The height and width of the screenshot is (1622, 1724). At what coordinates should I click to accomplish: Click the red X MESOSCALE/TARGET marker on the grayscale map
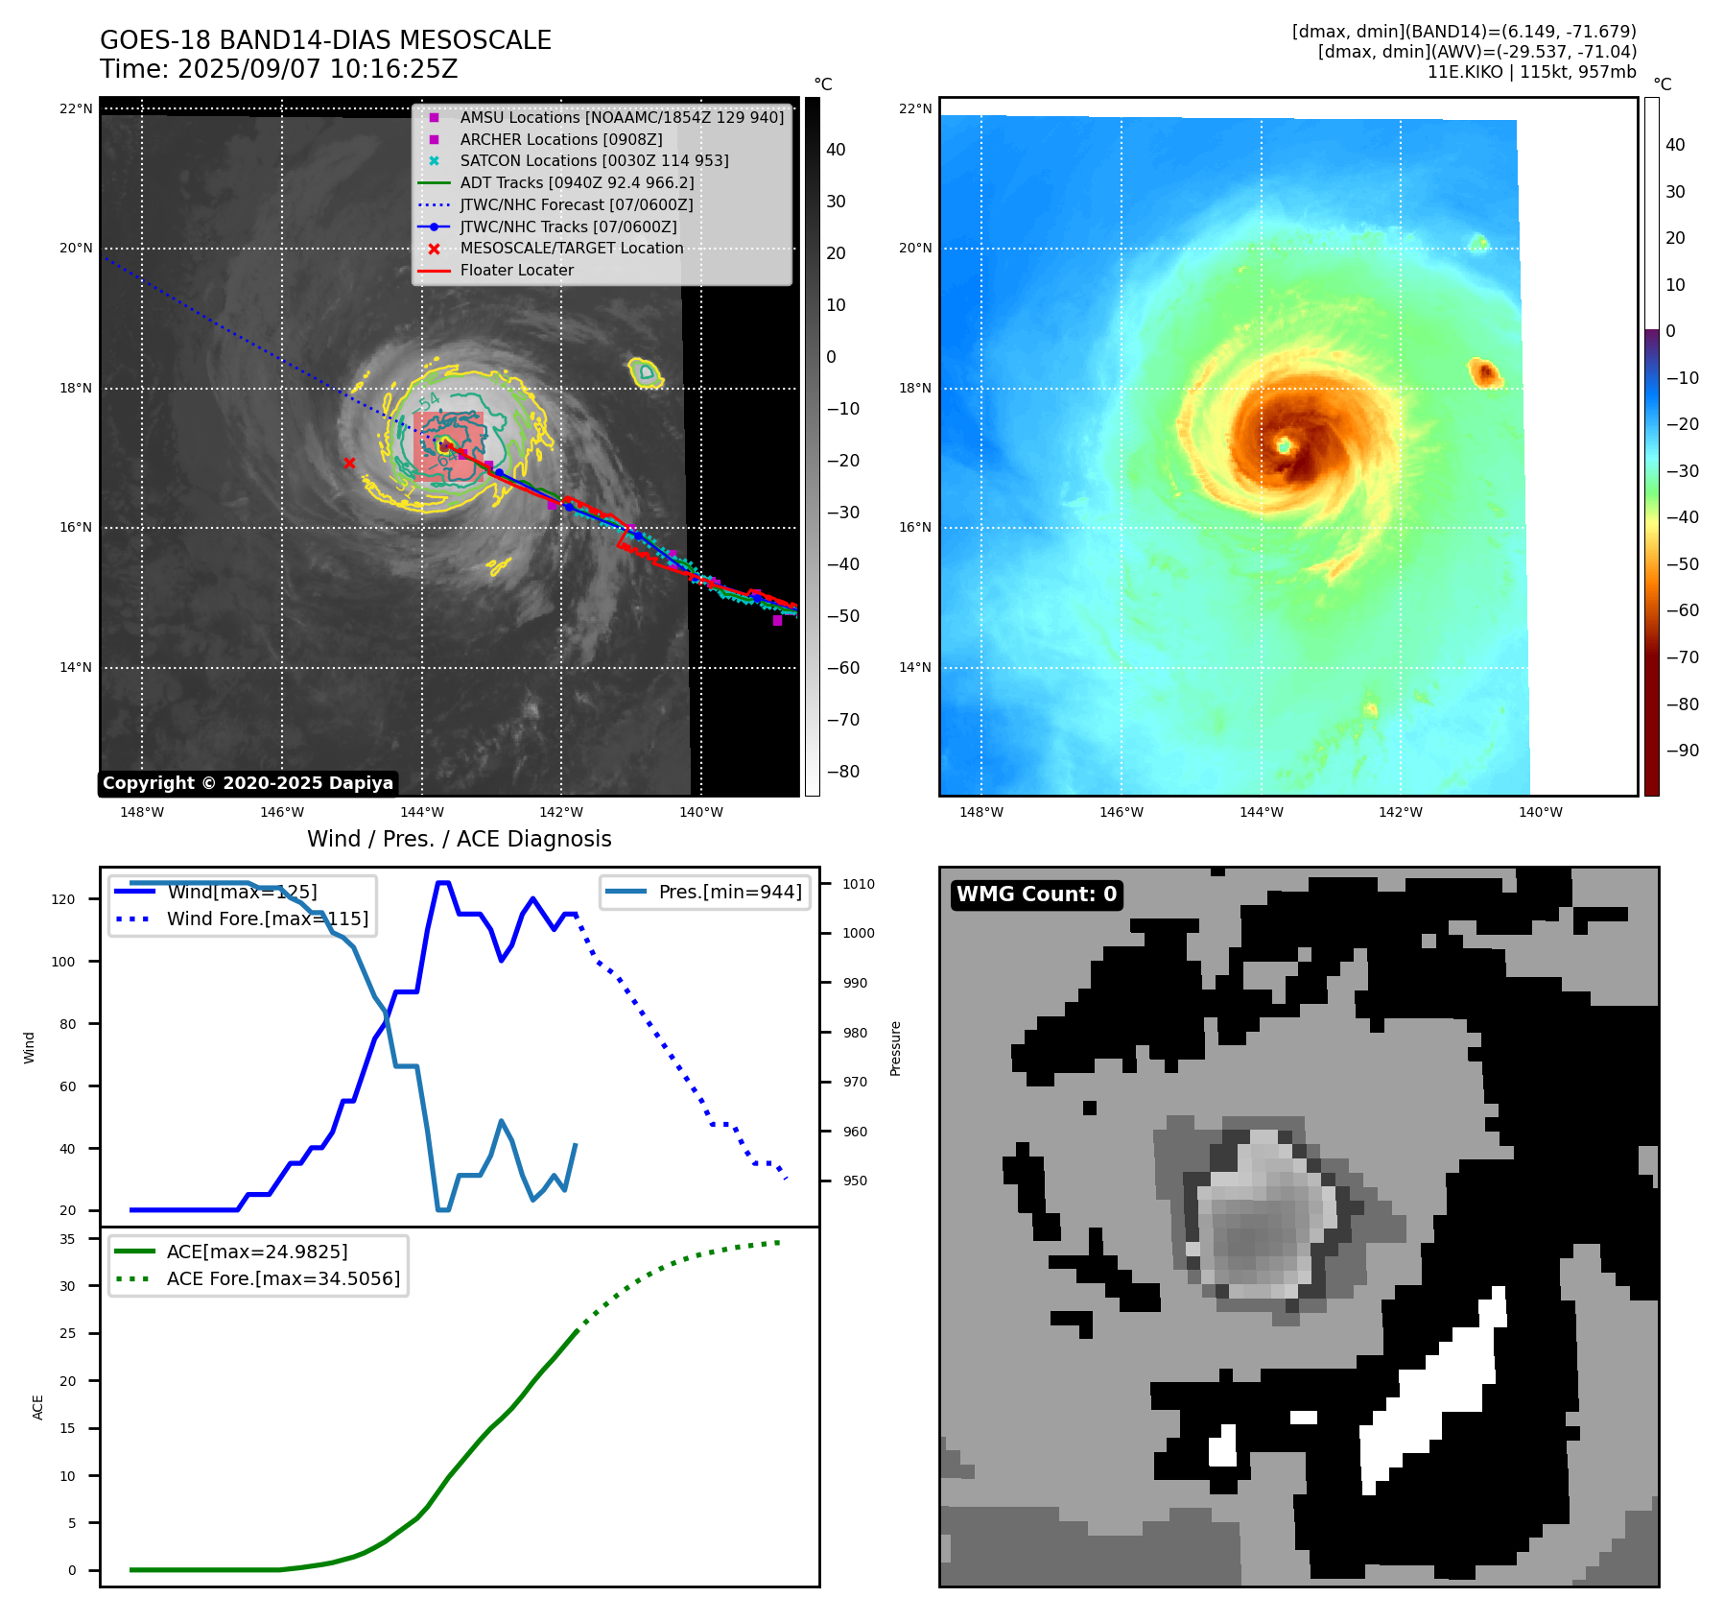tap(349, 464)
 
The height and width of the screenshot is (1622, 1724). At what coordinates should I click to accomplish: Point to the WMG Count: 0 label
tap(1036, 894)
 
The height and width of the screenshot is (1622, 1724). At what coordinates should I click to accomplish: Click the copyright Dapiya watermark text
tap(248, 783)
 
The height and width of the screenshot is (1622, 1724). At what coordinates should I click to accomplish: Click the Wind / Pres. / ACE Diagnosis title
tap(459, 839)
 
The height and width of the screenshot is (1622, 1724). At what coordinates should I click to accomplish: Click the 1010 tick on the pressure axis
tap(859, 884)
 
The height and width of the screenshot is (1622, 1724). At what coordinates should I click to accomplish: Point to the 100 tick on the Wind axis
tap(63, 962)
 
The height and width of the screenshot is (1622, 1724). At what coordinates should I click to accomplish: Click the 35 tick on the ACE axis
tap(67, 1239)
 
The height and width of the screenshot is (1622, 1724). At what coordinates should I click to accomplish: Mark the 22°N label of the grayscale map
tap(77, 108)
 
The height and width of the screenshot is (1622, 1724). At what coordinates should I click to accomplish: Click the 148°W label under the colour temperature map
tap(981, 812)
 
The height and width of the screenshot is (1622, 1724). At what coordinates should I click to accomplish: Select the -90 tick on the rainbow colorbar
tap(1682, 751)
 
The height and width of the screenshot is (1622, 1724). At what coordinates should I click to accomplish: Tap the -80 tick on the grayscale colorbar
tap(843, 772)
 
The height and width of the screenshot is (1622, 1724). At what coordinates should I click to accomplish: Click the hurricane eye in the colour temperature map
tap(1284, 445)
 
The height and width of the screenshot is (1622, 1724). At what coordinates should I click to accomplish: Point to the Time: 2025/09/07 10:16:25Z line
tap(278, 69)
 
